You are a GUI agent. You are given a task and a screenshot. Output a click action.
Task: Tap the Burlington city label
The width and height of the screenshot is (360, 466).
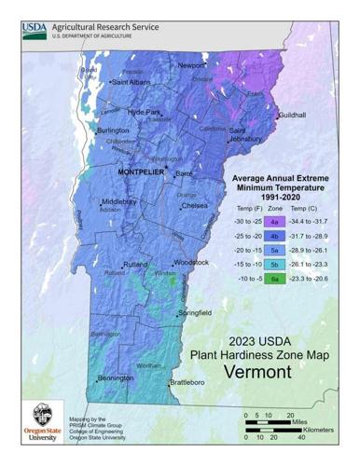(x=113, y=131)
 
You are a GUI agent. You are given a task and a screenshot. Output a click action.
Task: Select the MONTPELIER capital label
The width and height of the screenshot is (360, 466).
(x=141, y=173)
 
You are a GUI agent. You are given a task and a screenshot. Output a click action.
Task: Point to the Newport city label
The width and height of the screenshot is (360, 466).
(x=191, y=65)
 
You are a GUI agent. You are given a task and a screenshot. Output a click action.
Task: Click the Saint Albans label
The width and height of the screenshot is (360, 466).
(x=132, y=82)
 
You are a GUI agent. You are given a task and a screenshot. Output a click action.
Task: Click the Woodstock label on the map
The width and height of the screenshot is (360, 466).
(x=190, y=263)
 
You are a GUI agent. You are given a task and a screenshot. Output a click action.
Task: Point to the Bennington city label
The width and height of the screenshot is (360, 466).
(x=117, y=378)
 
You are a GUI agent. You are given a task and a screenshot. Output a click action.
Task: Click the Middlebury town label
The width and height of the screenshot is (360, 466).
(x=119, y=201)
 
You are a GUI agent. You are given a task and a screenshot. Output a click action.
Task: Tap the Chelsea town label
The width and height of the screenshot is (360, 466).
(x=194, y=205)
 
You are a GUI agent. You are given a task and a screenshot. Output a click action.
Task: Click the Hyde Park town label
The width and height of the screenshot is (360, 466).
(x=145, y=112)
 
